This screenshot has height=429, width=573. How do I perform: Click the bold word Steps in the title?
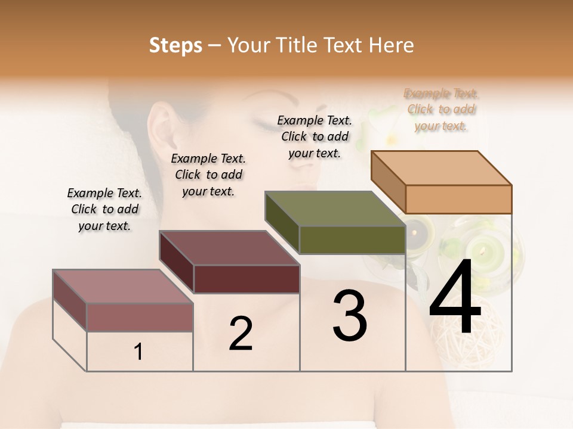click(175, 45)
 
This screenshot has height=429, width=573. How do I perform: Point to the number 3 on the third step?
click(350, 316)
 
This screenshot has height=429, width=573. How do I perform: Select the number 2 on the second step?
click(241, 334)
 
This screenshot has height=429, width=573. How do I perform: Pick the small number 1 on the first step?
click(138, 352)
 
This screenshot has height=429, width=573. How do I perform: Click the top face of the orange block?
click(440, 167)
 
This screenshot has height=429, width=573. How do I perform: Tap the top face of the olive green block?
click(334, 209)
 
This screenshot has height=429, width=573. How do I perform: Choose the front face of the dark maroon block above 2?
click(247, 279)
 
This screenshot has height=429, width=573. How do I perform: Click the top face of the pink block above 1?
click(122, 286)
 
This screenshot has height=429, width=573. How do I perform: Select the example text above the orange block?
click(441, 110)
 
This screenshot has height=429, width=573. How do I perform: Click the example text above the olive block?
click(315, 136)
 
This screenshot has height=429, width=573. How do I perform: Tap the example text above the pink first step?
click(104, 209)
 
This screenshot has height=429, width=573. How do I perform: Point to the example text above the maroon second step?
click(208, 175)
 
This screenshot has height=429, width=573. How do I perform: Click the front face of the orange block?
click(458, 199)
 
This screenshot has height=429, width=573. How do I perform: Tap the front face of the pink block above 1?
click(140, 317)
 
